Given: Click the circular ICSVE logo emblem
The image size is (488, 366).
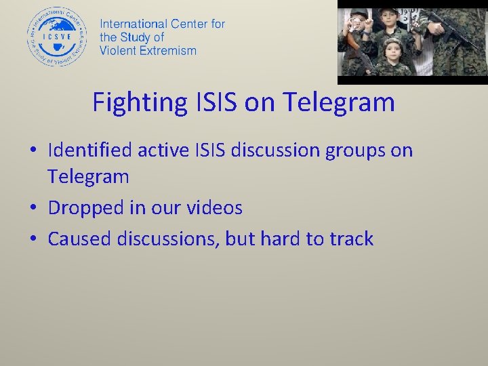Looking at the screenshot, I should coord(58,37).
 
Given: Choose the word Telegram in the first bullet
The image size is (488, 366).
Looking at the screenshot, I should coord(87,177).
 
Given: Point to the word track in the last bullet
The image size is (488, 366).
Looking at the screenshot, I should coord(350,239).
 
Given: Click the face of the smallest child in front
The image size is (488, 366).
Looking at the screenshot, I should coord(392,49).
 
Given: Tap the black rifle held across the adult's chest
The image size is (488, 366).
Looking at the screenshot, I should coord(454,27).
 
